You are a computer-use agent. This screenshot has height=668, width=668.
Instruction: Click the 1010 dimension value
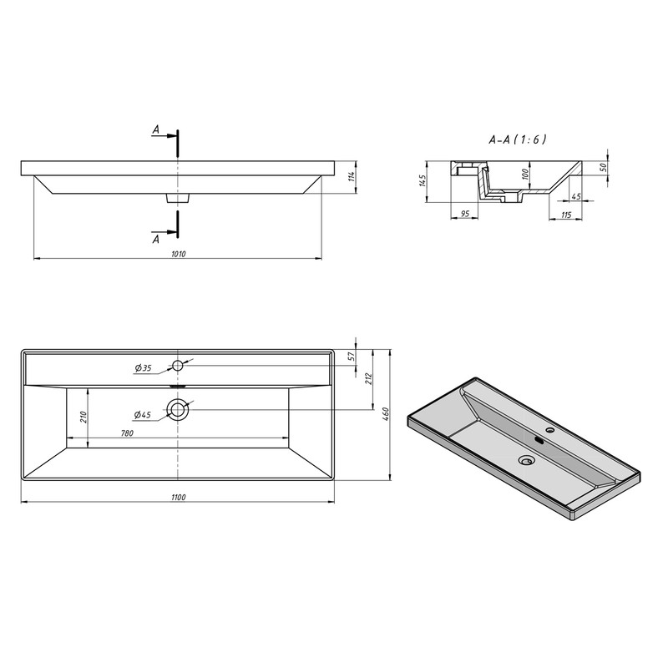point(179,255)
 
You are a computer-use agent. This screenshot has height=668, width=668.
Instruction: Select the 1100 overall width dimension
point(179,497)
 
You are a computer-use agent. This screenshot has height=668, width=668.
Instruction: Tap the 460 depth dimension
point(386,412)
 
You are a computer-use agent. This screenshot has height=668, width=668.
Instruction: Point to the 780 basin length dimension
point(127,433)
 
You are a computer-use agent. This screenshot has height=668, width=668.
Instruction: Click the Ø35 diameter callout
point(143,368)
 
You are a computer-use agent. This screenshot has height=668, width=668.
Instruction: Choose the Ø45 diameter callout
point(142,414)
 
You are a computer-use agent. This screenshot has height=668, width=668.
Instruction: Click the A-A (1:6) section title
point(517,139)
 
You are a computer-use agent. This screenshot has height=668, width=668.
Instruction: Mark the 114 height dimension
point(352,176)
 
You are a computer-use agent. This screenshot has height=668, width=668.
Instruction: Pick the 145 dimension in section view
point(422,180)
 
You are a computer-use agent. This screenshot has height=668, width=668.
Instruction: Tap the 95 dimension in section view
point(465,213)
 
